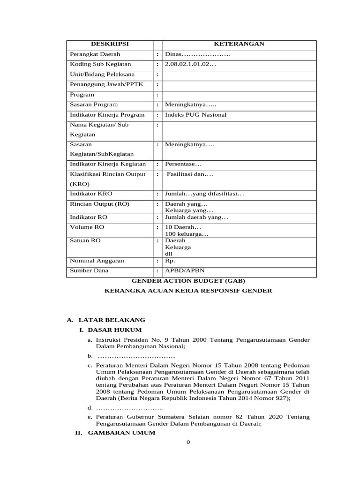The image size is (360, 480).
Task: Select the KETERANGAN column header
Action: pos(239,44)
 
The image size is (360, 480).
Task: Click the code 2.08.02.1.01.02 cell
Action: pos(190,64)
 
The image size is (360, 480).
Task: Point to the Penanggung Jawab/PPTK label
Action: pos(100,84)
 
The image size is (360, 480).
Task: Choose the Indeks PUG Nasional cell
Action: pos(195,115)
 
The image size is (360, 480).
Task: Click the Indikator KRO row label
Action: pos(91,194)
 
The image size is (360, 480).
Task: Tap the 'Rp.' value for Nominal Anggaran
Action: pos(170,261)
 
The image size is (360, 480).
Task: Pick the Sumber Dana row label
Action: pos(89,271)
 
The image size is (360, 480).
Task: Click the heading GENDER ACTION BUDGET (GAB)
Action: pos(187,281)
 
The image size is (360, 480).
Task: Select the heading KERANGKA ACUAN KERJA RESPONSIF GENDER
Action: pos(187,291)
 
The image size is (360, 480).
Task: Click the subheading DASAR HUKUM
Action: pos(114,330)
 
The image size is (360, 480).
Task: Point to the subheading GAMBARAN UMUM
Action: pos(121,433)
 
